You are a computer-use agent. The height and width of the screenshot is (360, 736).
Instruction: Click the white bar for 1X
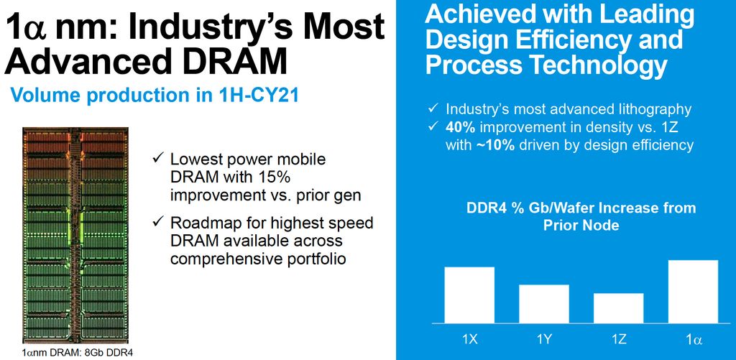pyautogui.click(x=469, y=295)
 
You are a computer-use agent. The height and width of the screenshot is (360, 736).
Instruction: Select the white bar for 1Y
pyautogui.click(x=544, y=303)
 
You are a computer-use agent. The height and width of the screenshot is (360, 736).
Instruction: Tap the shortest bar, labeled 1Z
pyautogui.click(x=618, y=308)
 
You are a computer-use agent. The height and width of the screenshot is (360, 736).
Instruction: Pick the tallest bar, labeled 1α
pyautogui.click(x=693, y=291)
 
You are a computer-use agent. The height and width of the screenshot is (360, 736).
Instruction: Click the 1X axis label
pyautogui.click(x=469, y=337)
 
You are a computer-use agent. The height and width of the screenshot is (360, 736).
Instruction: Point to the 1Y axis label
pyautogui.click(x=544, y=337)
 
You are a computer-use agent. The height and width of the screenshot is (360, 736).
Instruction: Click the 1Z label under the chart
pyautogui.click(x=618, y=337)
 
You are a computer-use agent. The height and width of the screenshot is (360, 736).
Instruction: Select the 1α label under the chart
pyautogui.click(x=693, y=337)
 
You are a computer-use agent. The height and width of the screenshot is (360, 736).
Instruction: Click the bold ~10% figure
pyautogui.click(x=497, y=145)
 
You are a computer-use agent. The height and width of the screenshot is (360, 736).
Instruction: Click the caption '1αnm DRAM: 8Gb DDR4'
pyautogui.click(x=78, y=353)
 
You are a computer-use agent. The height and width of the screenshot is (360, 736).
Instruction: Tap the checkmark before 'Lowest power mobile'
pyautogui.click(x=158, y=159)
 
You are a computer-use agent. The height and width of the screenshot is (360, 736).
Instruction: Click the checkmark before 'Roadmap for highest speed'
pyautogui.click(x=158, y=223)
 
